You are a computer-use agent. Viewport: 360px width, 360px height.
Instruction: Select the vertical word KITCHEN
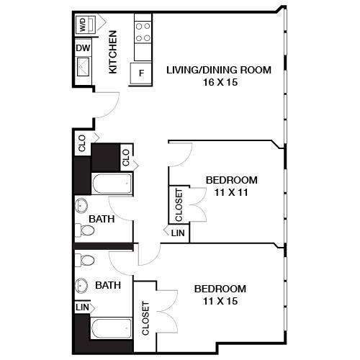pyautogui.click(x=112, y=53)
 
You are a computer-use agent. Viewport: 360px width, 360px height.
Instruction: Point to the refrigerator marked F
pyautogui.click(x=141, y=73)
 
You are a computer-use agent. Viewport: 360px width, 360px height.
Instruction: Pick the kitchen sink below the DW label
pyautogui.click(x=83, y=68)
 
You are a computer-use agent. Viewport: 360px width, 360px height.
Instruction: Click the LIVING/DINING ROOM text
pyautogui.click(x=218, y=70)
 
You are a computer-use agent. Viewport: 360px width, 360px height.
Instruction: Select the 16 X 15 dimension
pyautogui.click(x=218, y=82)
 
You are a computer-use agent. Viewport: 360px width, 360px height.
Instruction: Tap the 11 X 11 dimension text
pyautogui.click(x=230, y=192)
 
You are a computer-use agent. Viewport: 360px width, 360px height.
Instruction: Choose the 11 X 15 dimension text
pyautogui.click(x=220, y=300)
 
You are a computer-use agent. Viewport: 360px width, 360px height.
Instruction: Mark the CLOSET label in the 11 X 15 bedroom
pyautogui.click(x=145, y=318)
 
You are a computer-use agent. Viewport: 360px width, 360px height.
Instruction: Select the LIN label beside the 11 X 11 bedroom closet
pyautogui.click(x=177, y=233)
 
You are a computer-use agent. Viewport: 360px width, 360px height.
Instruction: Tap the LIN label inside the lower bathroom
pyautogui.click(x=82, y=307)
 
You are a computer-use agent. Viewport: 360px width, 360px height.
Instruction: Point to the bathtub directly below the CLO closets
pyautogui.click(x=111, y=185)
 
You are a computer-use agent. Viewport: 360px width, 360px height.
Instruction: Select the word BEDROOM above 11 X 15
pyautogui.click(x=220, y=288)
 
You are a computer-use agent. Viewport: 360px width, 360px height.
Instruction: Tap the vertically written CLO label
pyautogui.click(x=125, y=157)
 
